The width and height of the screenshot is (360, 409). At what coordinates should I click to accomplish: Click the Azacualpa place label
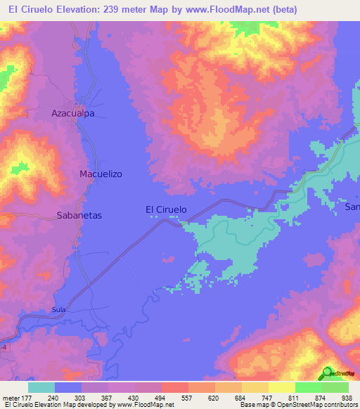[x=73, y=112]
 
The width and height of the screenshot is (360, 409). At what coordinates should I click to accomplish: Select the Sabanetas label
[x=79, y=216]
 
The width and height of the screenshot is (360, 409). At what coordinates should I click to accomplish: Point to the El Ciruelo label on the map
[x=166, y=209]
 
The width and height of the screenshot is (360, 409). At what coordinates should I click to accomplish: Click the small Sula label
[x=59, y=309]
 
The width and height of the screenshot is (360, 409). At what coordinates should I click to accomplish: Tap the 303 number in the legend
[x=82, y=396]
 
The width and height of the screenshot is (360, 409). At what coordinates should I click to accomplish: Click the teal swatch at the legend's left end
[x=41, y=387]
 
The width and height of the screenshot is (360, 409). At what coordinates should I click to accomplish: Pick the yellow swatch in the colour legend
[x=281, y=387]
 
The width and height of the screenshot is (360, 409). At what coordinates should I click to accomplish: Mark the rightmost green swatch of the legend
[x=335, y=387]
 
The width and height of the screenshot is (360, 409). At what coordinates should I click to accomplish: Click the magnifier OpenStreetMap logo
[x=328, y=372]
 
